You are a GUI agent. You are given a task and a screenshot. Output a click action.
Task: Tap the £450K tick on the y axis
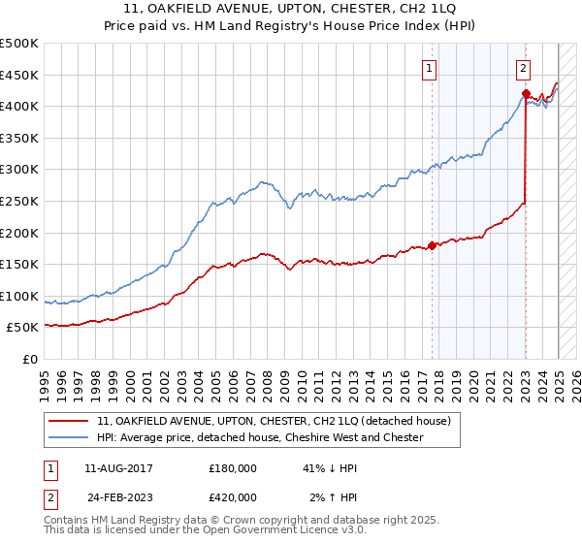19,75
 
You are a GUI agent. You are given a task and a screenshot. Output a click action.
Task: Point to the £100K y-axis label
19,296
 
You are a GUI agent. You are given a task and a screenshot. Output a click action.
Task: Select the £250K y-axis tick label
19,201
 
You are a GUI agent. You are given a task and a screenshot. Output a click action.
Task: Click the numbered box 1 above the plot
429,68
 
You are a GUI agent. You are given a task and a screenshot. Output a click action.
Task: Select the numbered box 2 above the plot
523,68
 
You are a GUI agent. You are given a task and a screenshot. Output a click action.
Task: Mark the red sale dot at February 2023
526,94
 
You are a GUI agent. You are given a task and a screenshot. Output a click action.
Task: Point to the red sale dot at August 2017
432,245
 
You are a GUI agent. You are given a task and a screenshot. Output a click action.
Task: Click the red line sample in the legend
69,422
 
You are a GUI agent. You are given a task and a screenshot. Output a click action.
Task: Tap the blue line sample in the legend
69,437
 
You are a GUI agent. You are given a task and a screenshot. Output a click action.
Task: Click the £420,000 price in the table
233,496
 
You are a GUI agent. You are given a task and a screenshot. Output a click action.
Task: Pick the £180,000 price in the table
233,467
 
